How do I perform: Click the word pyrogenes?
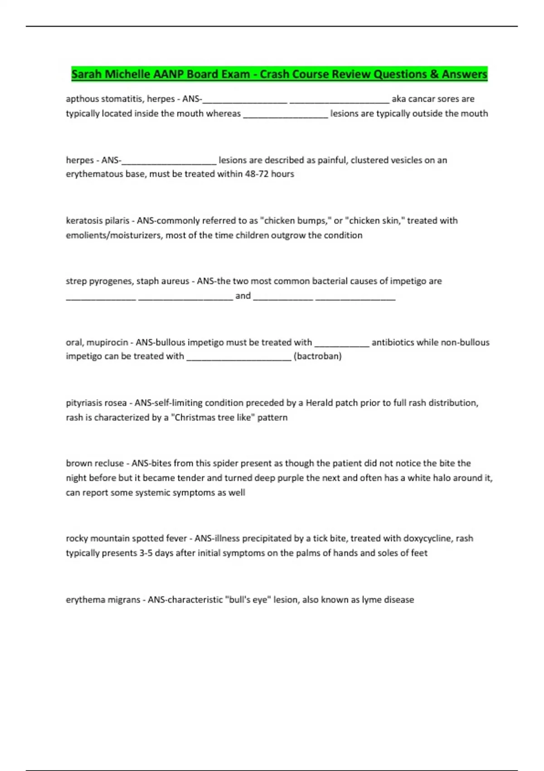(110, 281)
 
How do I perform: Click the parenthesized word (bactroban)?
(317, 356)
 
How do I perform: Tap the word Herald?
(319, 403)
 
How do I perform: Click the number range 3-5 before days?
(146, 553)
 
